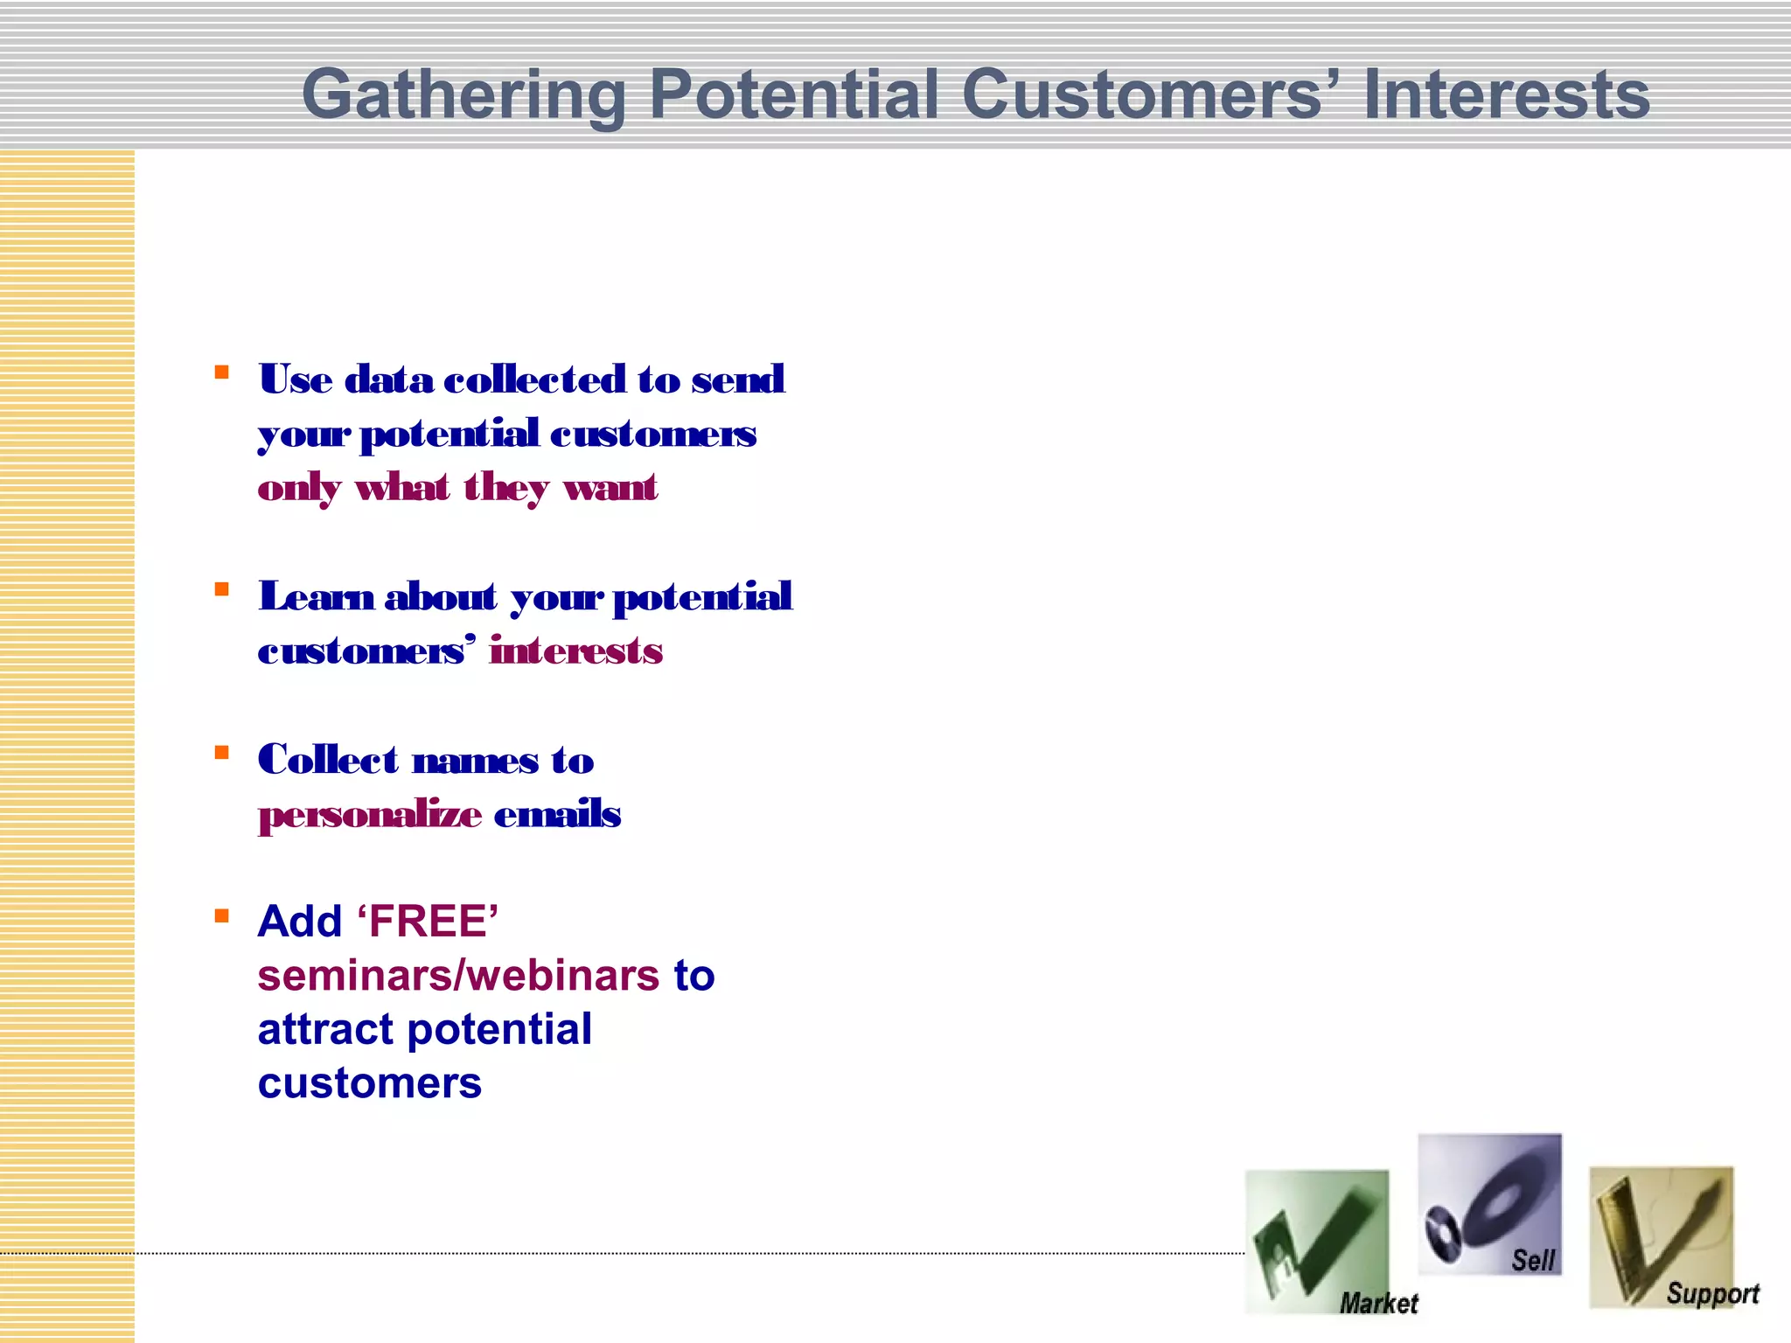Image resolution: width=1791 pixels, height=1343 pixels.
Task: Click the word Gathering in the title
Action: [463, 94]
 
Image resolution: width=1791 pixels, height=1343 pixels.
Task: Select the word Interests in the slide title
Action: [1506, 94]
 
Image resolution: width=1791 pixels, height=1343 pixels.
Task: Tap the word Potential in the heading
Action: [793, 94]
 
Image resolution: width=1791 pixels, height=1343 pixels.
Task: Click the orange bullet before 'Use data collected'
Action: [222, 372]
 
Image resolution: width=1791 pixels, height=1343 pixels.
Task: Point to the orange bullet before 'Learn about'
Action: [222, 589]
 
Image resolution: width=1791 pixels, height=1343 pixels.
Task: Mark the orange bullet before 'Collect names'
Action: [222, 753]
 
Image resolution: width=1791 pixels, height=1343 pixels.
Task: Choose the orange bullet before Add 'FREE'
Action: [222, 916]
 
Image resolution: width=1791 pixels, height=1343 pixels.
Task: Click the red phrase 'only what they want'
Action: [456, 488]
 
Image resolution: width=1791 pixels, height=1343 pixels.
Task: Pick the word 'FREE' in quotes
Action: [428, 922]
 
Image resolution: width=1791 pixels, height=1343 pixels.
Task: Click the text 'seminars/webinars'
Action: [458, 976]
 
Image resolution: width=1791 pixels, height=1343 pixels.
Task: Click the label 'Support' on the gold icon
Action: [1711, 1293]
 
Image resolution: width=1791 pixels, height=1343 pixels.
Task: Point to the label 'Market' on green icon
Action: [1378, 1303]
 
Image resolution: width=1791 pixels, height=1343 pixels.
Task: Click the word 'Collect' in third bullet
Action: [328, 760]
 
